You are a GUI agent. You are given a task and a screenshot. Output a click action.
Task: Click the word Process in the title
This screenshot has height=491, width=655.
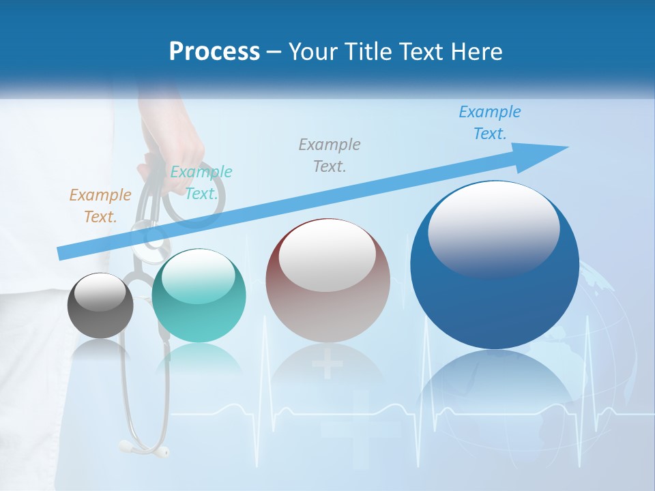214,51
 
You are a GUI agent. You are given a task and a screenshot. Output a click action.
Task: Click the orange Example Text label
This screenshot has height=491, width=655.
100,206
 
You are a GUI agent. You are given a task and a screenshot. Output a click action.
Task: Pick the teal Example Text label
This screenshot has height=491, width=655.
201,183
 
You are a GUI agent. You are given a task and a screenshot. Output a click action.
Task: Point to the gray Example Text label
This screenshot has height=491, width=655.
330,155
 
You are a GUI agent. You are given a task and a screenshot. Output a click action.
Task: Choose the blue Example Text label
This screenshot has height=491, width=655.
489,123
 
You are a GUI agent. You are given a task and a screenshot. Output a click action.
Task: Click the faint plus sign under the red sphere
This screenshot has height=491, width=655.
327,364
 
